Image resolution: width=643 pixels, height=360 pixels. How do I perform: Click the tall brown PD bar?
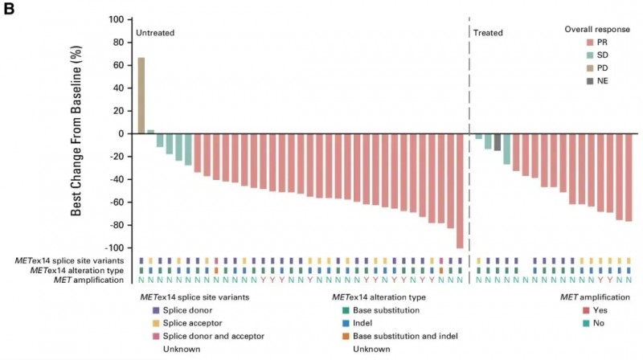click(141, 95)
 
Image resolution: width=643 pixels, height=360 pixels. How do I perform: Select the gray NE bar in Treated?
click(498, 141)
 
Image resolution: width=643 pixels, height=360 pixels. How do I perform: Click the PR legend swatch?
click(589, 41)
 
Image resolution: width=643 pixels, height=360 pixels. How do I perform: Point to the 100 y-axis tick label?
click(117, 19)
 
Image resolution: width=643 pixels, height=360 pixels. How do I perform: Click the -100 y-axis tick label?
click(115, 247)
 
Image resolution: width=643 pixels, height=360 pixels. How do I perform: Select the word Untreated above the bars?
click(155, 33)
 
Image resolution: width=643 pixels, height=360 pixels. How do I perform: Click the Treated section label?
click(488, 33)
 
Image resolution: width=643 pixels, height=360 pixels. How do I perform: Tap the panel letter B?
click(10, 9)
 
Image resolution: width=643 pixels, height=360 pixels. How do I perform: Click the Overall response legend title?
click(595, 28)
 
